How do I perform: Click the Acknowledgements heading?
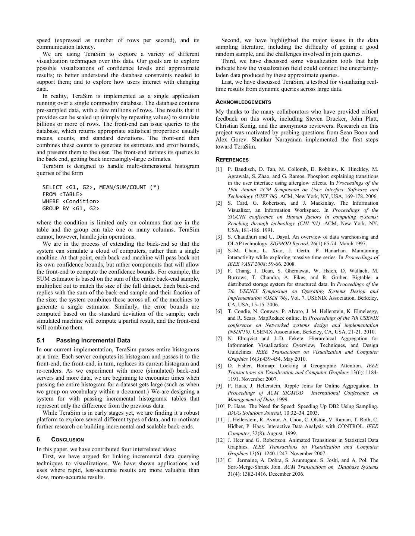click(243, 102)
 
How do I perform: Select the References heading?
click(232, 160)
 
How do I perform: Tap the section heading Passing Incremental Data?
click(93, 340)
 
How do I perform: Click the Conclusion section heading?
click(67, 440)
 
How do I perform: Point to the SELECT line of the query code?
click(101, 187)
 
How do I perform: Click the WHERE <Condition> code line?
click(71, 201)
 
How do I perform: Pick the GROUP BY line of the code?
click(71, 208)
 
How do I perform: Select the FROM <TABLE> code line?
click(62, 194)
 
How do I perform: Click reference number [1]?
click(218, 169)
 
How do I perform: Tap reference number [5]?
click(218, 271)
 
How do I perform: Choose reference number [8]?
click(218, 366)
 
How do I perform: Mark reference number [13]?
click(220, 460)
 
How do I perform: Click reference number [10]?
click(220, 406)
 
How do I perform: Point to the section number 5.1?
click(41, 340)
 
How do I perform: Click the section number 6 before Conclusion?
click(38, 440)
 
